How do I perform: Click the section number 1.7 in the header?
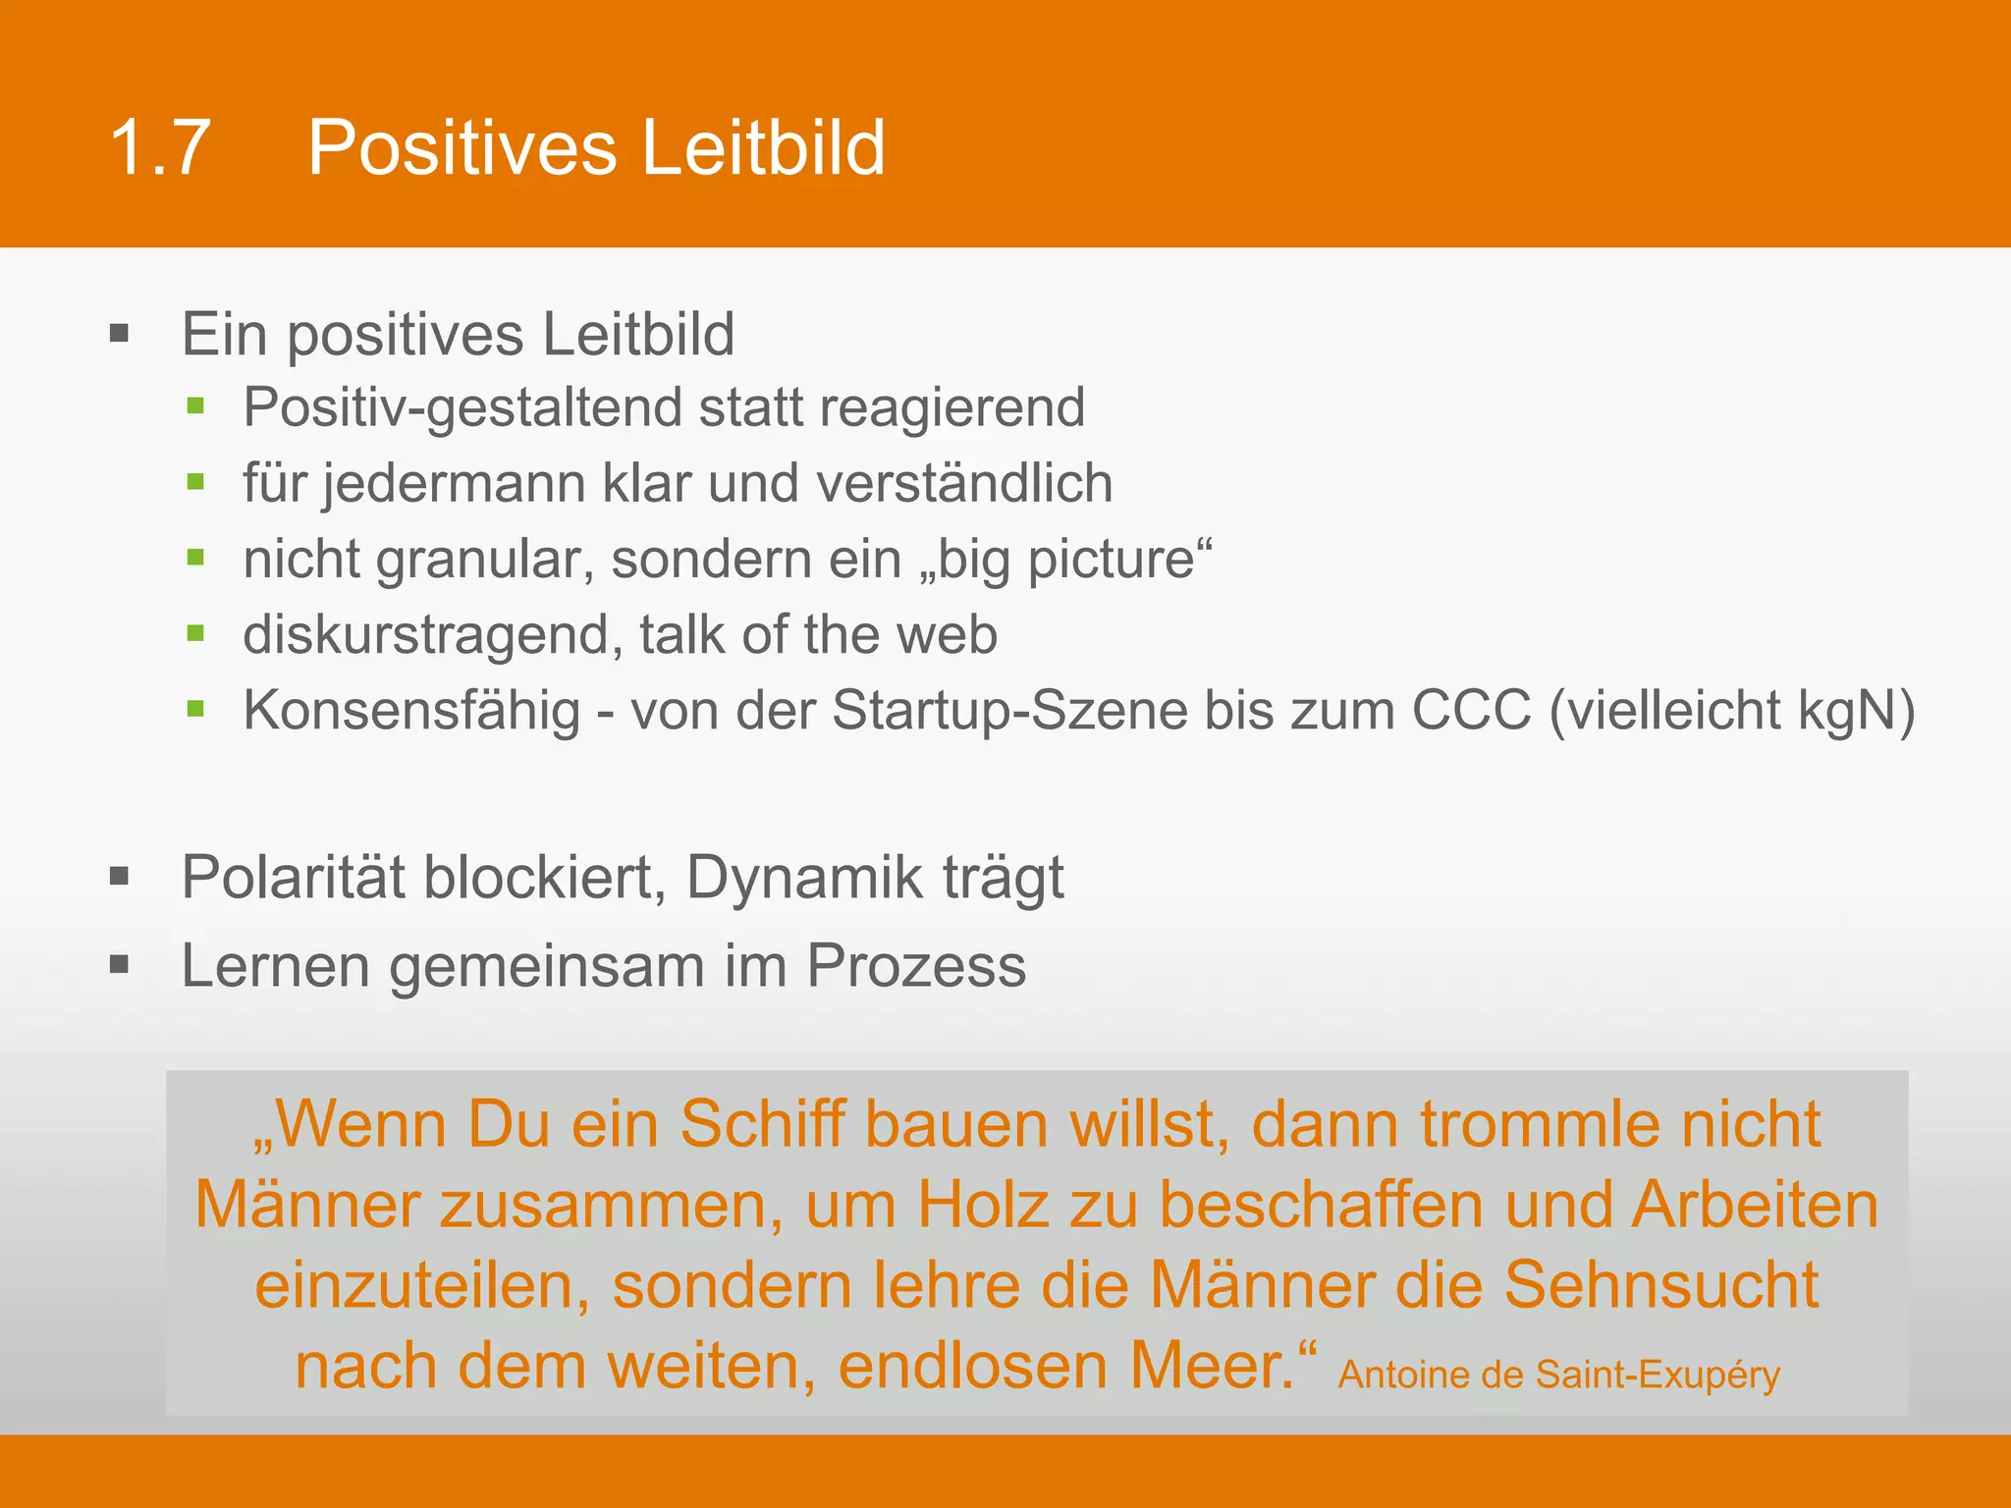point(160,148)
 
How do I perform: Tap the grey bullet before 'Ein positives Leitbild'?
point(120,334)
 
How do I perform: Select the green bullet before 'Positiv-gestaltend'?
point(195,406)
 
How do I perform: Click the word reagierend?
point(951,408)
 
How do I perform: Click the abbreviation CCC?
point(1471,710)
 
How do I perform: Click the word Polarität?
point(293,877)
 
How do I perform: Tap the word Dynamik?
point(803,878)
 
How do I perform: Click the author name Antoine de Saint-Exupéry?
point(1558,1374)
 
